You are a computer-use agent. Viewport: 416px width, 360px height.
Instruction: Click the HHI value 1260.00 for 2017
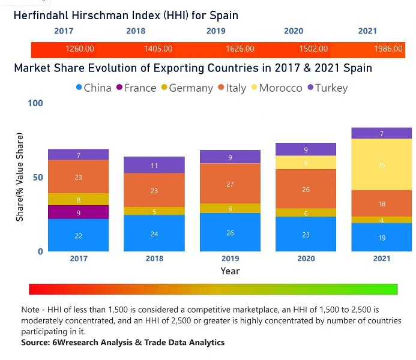coord(79,49)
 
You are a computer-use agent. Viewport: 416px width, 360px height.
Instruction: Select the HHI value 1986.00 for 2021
coord(388,49)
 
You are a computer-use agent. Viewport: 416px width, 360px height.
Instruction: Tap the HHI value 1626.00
coord(241,49)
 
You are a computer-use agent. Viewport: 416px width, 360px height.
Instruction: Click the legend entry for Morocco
coord(280,88)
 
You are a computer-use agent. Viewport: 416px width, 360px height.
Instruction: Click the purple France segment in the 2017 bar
coord(79,212)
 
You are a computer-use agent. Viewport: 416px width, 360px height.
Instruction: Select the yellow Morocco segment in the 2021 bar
coord(382,164)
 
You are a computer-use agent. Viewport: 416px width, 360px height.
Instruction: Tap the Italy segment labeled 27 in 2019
coord(230,184)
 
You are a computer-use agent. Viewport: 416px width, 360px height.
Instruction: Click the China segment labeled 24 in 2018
coord(154,233)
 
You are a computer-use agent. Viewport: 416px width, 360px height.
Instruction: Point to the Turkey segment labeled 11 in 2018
coord(154,165)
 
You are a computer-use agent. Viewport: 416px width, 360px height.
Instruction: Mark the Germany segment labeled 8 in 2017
coord(79,199)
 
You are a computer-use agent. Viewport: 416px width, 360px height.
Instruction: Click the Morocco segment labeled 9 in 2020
coord(306,163)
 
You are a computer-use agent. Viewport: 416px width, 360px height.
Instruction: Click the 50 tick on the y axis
coord(38,178)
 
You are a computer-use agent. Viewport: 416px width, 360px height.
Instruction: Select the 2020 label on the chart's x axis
coord(306,259)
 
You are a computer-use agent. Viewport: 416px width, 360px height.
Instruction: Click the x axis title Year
coord(230,271)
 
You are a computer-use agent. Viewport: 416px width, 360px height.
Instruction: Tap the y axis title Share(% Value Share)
coord(20,178)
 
